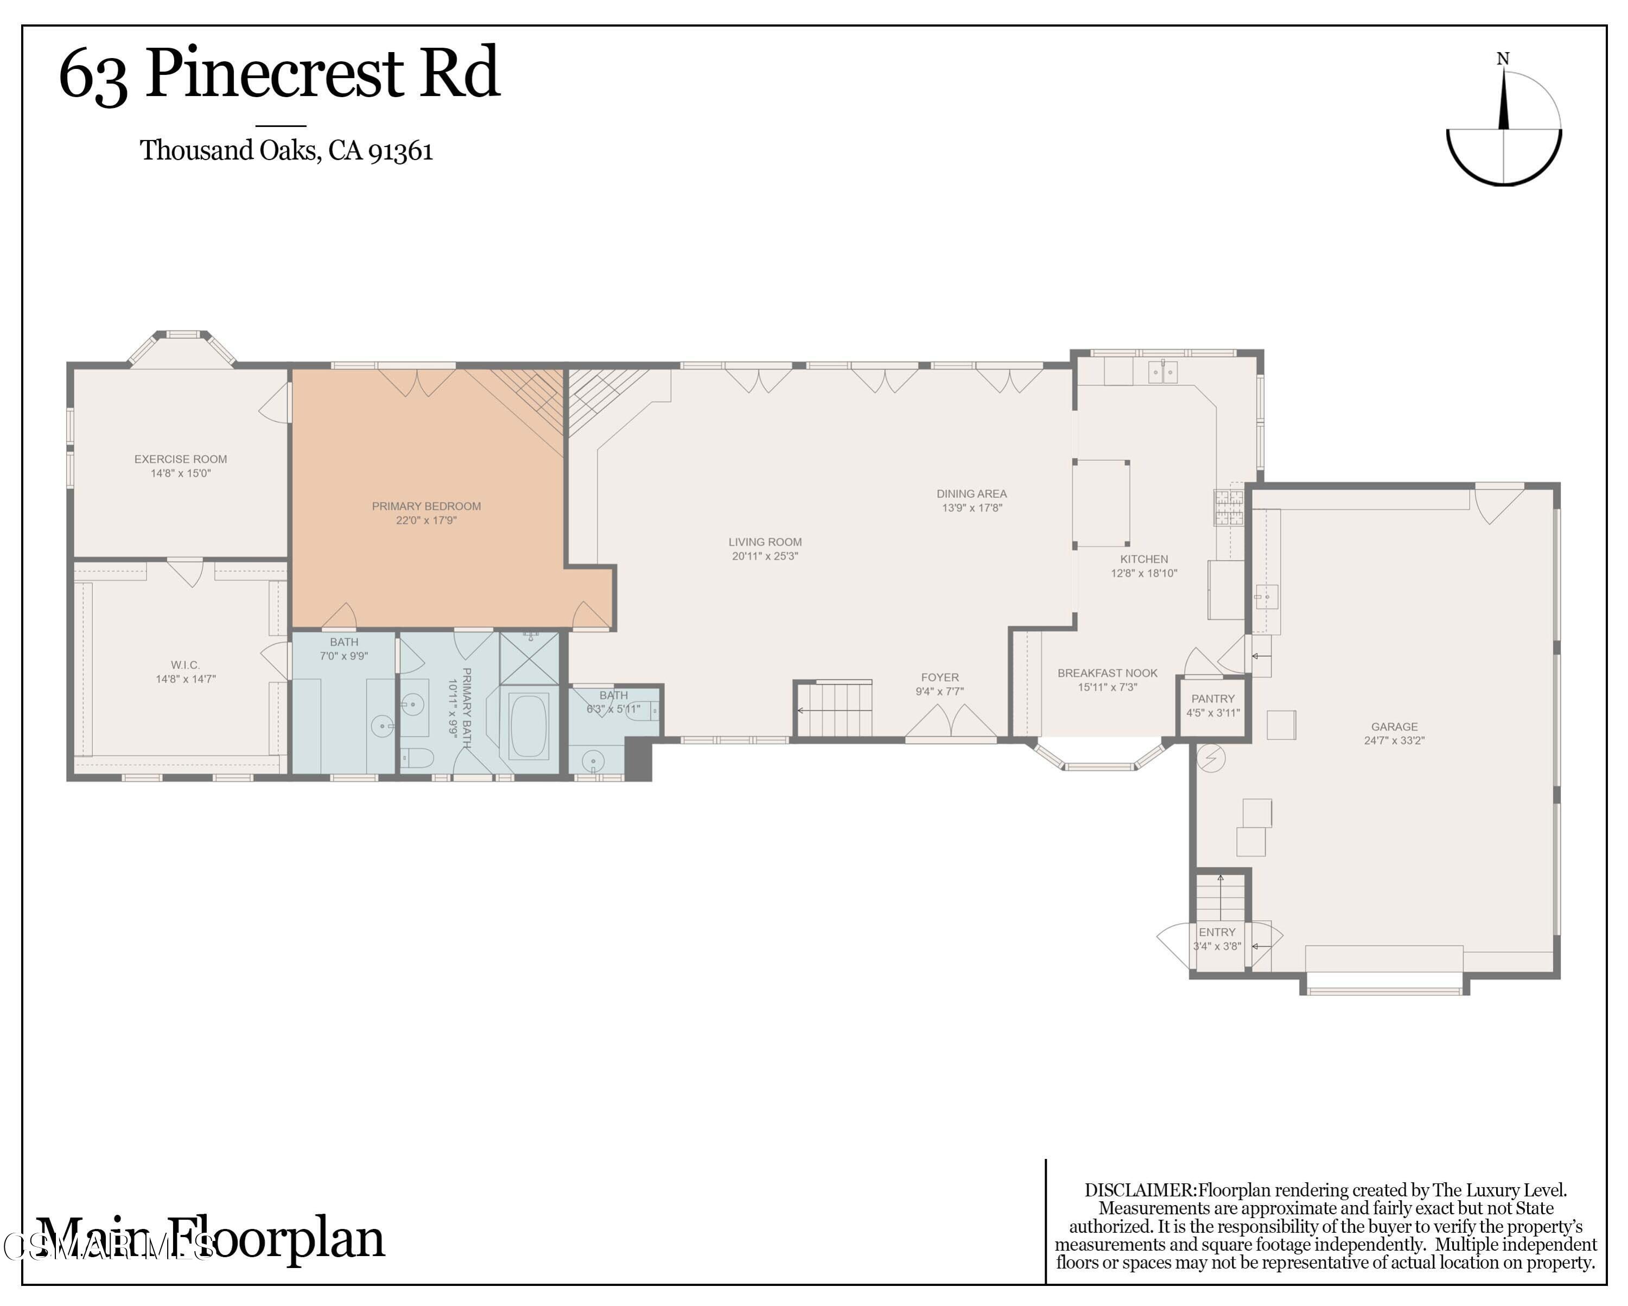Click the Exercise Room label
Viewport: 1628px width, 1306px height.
point(181,459)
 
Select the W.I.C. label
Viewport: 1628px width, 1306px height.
point(185,665)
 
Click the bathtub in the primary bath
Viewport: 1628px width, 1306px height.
point(529,726)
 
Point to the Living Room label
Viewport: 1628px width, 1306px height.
point(765,542)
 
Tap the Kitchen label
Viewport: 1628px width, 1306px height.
point(1143,559)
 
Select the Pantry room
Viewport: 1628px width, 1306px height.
point(1213,706)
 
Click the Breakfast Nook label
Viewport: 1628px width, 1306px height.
point(1107,673)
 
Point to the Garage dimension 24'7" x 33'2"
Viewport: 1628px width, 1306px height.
point(1394,741)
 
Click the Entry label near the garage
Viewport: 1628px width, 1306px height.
point(1217,932)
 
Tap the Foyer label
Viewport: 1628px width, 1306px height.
point(939,677)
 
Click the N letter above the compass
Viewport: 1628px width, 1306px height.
point(1503,59)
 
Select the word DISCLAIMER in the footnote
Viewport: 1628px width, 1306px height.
point(1140,1190)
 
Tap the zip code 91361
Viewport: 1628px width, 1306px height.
point(400,151)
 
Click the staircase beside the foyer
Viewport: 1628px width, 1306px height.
point(834,709)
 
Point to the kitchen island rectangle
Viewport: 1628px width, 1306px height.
point(1101,502)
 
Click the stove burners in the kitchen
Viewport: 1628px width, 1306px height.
point(1229,507)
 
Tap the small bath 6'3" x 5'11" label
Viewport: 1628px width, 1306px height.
point(613,708)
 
